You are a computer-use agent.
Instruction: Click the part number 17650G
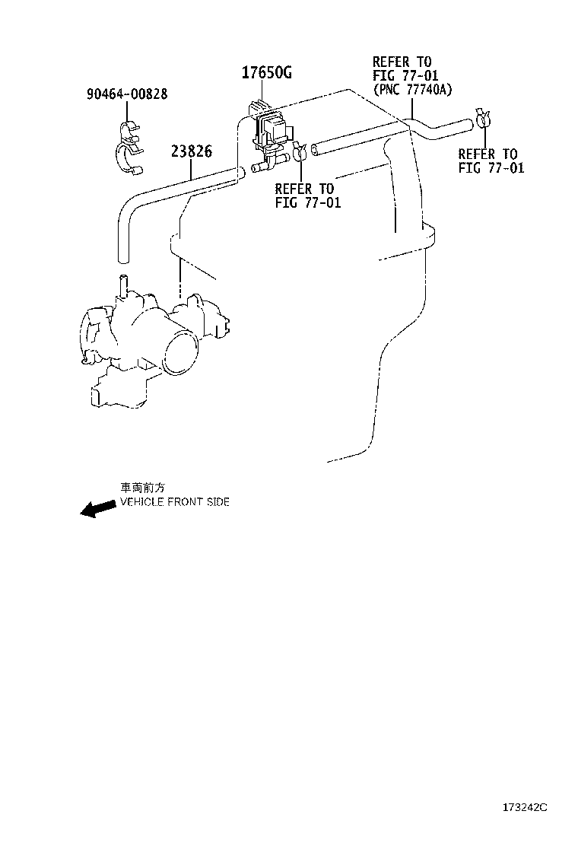[x=267, y=74]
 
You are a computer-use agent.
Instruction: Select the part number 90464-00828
[x=127, y=94]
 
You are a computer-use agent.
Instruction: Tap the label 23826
[x=191, y=151]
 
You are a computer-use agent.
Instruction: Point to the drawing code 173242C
[x=523, y=828]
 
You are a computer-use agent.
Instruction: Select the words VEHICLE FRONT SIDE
[x=174, y=502]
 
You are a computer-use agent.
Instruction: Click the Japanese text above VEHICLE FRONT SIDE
[x=142, y=488]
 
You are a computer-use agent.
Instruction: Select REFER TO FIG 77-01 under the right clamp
[x=491, y=161]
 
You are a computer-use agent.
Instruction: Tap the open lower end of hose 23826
[x=119, y=256]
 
